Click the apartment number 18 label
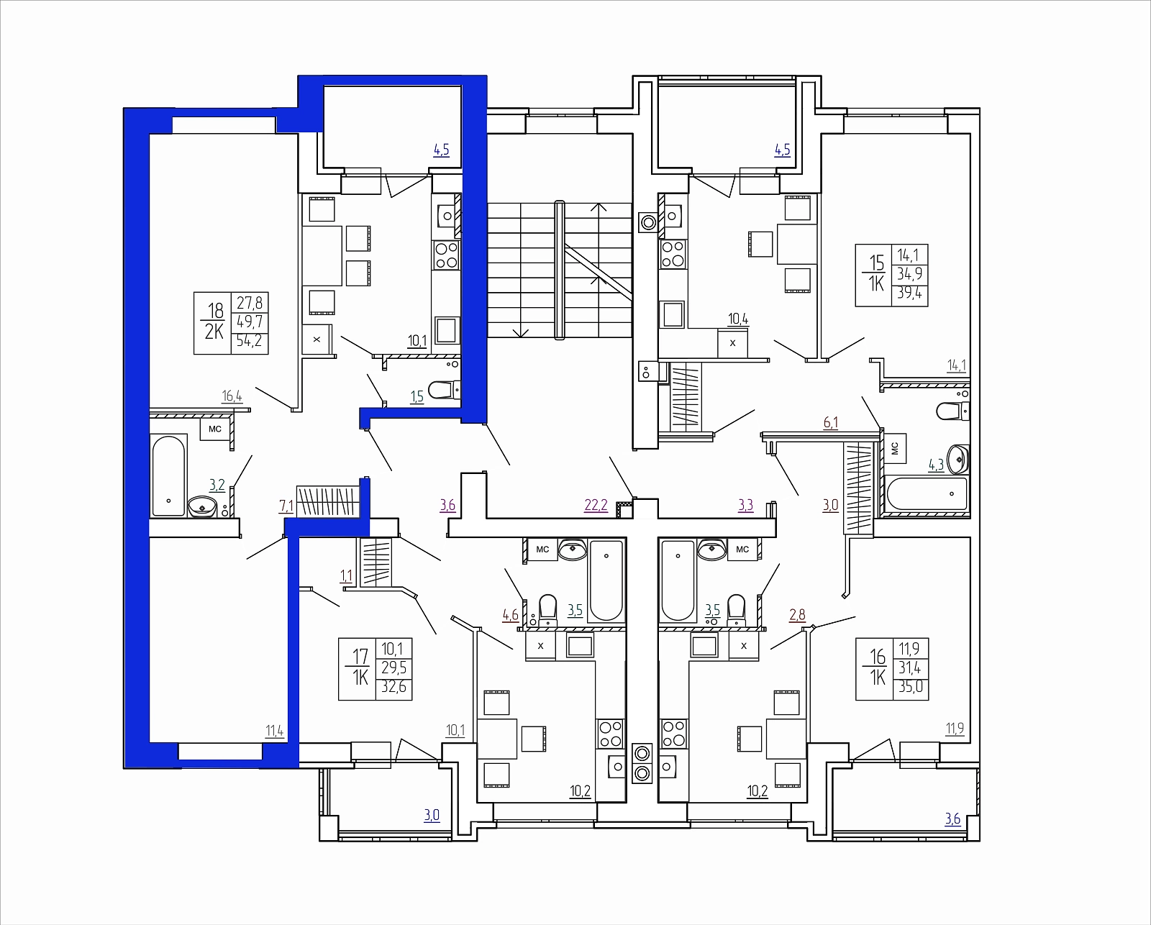(x=215, y=310)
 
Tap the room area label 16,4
(x=232, y=396)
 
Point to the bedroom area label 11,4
(x=274, y=731)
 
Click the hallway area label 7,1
(x=286, y=506)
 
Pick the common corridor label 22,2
(x=596, y=505)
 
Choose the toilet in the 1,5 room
(x=445, y=389)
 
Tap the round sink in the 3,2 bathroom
(x=202, y=506)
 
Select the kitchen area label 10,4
(x=738, y=319)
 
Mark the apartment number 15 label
(x=877, y=263)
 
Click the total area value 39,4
(x=910, y=293)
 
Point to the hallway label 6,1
(x=830, y=423)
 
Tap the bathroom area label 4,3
(x=936, y=465)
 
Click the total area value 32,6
(x=393, y=686)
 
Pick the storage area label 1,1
(x=346, y=576)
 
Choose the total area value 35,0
(x=910, y=686)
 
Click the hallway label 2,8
(x=797, y=615)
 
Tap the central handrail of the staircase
(x=560, y=270)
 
